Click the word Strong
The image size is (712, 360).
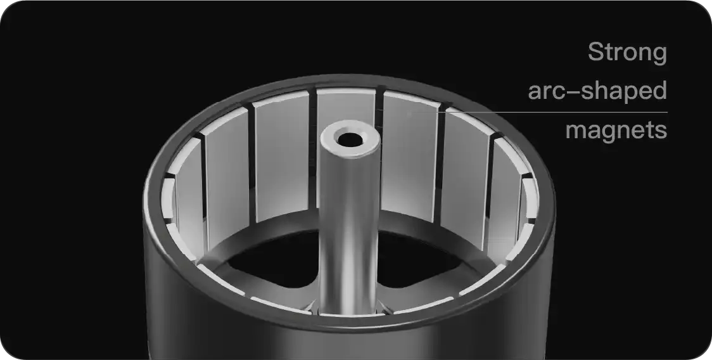[627, 53]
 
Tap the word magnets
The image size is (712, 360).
[616, 131]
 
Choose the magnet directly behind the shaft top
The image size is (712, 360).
[346, 108]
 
